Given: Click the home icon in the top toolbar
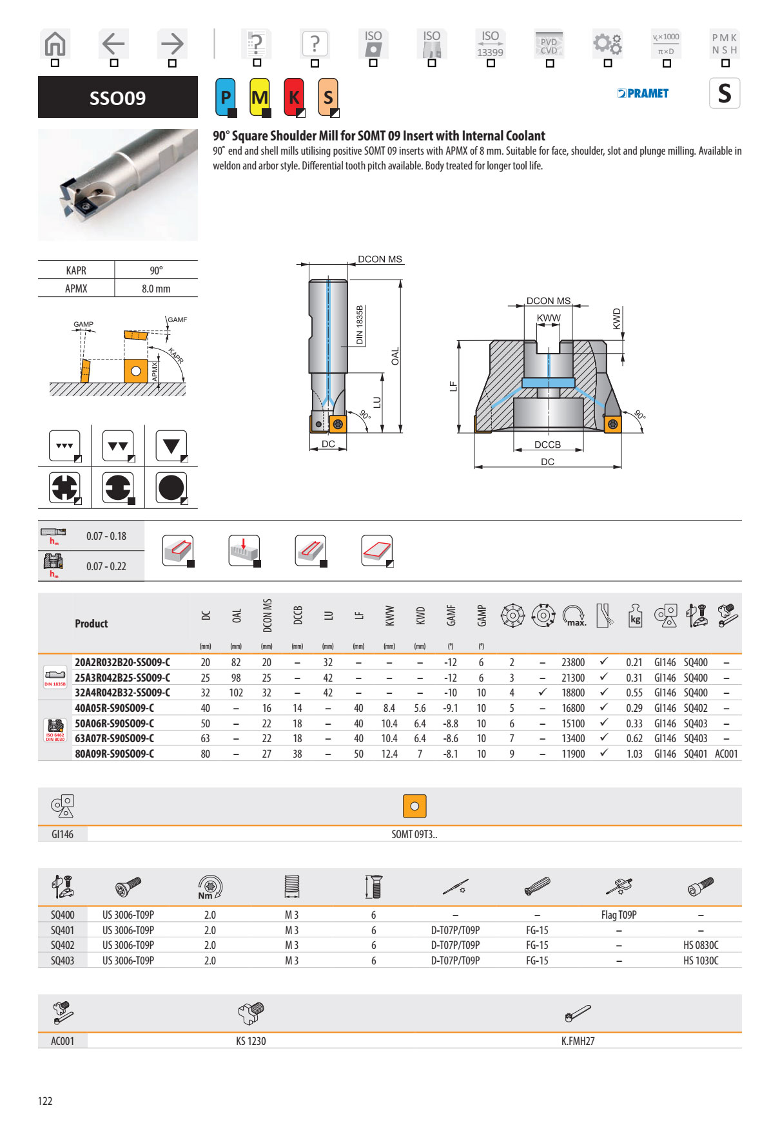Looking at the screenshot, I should coord(55,44).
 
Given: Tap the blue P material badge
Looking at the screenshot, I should coord(225,97).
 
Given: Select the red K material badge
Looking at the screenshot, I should coord(294,97).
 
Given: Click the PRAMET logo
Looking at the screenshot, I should coord(643,93).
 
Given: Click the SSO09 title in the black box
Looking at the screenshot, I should coord(117,98).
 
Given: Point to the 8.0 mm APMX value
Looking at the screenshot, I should coord(156,289).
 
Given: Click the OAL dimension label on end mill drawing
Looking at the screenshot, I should coord(395,356).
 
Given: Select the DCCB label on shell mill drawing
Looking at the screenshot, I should coord(547,445).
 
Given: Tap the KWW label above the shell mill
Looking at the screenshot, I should coord(549,318).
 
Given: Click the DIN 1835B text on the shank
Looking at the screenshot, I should coord(360,325).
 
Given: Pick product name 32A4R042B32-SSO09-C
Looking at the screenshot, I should coord(122,693).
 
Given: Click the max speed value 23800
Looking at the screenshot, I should coord(573,662).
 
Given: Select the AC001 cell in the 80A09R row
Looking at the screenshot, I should coord(726,754).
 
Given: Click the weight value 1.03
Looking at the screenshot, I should coord(634,754).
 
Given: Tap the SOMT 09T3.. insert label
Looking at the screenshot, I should coord(414,834).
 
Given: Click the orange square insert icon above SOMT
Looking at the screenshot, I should coord(414,806).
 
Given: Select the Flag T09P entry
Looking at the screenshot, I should coord(618,915).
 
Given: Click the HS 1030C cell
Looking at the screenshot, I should coord(701,961).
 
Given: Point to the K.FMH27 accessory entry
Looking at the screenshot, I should coord(578,1041).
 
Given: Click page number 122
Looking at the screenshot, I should coord(45,1101).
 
